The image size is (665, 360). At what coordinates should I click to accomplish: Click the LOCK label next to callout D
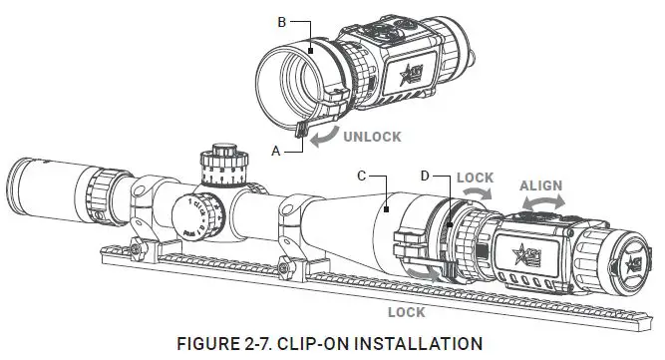476,176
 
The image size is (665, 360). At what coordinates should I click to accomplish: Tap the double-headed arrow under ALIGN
543,202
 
